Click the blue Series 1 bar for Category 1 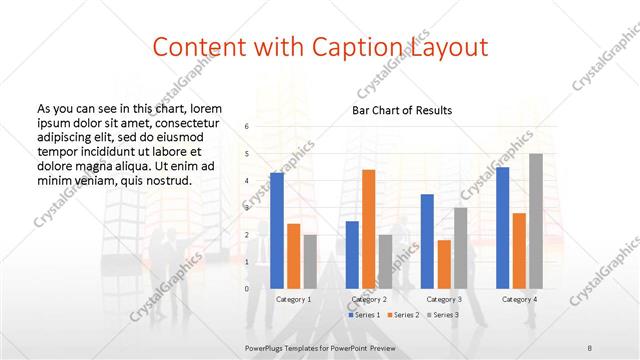tap(277, 230)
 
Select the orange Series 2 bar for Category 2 tap(368, 229)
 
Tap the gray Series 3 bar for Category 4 tap(536, 221)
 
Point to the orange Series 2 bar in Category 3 tap(444, 264)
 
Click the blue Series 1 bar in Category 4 tap(502, 227)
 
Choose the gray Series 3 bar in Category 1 tap(310, 261)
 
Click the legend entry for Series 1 tap(363, 315)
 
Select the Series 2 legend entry tap(405, 315)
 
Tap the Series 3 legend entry tap(443, 315)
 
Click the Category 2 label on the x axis tap(369, 299)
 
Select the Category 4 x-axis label tap(519, 299)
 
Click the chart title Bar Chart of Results tap(402, 110)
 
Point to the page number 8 tap(590, 347)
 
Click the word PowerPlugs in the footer tap(265, 347)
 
